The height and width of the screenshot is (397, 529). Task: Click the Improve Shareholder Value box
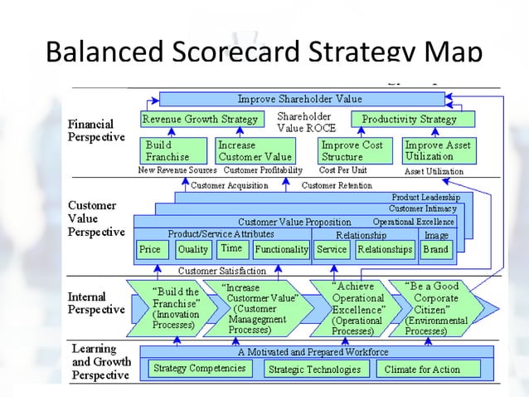tap(301, 99)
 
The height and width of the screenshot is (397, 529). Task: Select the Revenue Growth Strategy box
tap(201, 119)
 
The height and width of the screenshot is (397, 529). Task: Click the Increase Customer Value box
tap(255, 150)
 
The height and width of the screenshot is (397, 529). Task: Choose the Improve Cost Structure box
tap(352, 150)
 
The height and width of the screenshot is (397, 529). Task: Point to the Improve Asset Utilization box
tap(439, 150)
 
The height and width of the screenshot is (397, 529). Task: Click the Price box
tap(150, 249)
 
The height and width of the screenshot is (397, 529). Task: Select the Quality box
tap(193, 249)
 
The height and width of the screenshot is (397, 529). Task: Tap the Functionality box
tap(281, 249)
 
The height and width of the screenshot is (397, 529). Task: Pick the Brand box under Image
tap(436, 249)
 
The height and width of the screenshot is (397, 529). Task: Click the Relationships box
tap(385, 249)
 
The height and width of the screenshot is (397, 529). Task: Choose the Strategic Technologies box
tap(314, 369)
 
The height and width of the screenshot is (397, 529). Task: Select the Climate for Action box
tap(428, 368)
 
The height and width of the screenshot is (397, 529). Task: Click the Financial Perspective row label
tap(96, 130)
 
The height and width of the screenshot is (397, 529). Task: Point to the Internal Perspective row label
tap(96, 302)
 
